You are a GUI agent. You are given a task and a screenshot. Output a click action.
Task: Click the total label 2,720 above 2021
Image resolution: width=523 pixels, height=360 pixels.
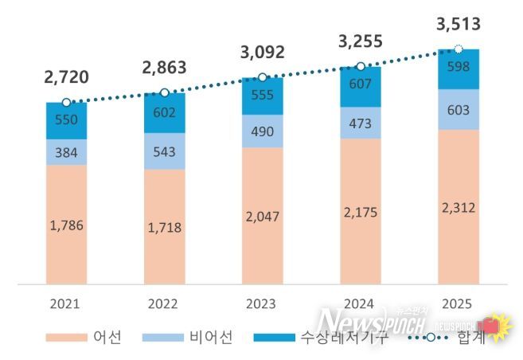pyautogui.click(x=67, y=77)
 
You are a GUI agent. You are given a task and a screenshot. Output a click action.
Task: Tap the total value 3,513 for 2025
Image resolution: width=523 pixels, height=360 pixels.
pyautogui.click(x=458, y=25)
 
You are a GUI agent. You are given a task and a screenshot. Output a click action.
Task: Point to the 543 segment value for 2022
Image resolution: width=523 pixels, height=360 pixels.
pyautogui.click(x=164, y=151)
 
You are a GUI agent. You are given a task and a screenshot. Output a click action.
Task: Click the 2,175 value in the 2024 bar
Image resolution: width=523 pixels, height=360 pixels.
pyautogui.click(x=360, y=213)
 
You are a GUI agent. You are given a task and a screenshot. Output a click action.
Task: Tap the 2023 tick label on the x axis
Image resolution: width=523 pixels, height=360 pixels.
pyautogui.click(x=262, y=303)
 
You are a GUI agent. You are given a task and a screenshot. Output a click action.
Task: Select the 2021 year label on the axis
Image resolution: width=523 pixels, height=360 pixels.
pyautogui.click(x=66, y=303)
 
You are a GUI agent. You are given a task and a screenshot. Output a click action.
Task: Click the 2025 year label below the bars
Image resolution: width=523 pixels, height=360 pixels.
pyautogui.click(x=458, y=303)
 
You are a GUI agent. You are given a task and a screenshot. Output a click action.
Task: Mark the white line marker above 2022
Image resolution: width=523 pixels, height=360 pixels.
pyautogui.click(x=165, y=93)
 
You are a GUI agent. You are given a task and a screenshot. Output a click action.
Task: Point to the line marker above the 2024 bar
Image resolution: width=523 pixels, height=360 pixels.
pyautogui.click(x=360, y=67)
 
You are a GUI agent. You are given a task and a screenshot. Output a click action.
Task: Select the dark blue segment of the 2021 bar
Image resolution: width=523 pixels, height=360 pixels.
pyautogui.click(x=66, y=121)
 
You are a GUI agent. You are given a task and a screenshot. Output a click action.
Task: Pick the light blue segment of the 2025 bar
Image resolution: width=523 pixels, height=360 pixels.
pyautogui.click(x=458, y=110)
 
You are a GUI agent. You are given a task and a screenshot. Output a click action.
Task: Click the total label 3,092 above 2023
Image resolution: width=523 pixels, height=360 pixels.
pyautogui.click(x=262, y=53)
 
